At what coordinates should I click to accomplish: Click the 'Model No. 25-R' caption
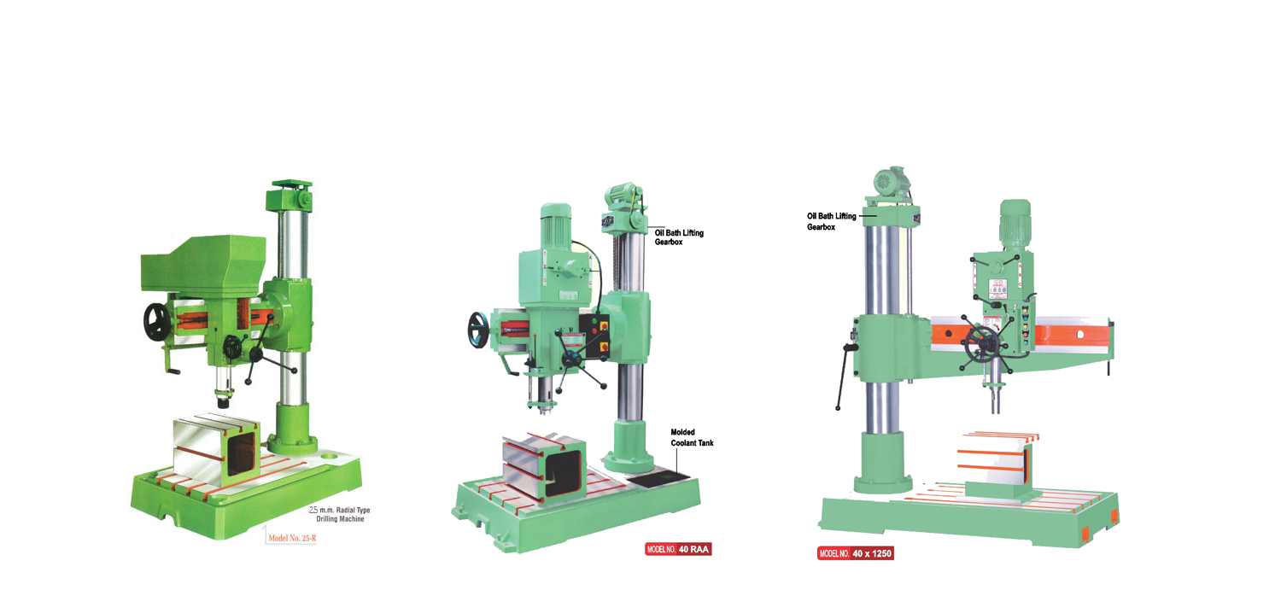pos(292,538)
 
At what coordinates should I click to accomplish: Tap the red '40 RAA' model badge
pos(678,549)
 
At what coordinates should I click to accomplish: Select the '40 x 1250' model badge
pos(856,553)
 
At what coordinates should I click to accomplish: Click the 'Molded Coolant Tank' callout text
pos(692,437)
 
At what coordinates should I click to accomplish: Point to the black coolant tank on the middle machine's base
pos(658,478)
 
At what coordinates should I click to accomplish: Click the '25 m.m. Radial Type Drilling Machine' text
pos(340,514)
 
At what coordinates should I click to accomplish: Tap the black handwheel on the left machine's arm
pos(156,322)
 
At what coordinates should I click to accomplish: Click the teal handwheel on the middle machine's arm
pos(478,330)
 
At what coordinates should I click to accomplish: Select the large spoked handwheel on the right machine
pos(982,345)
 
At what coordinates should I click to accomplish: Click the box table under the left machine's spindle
pos(216,449)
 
